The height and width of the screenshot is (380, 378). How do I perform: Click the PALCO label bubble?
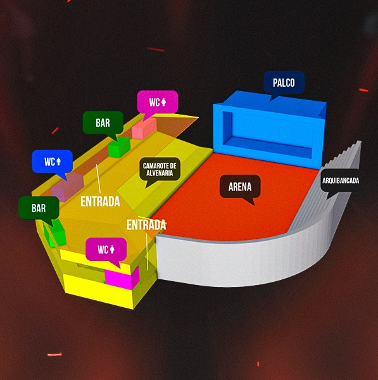(x=284, y=83)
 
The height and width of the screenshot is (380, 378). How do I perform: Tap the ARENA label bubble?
(x=240, y=187)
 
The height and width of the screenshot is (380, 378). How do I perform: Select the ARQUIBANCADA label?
(x=341, y=180)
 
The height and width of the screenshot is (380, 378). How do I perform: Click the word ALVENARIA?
(x=160, y=173)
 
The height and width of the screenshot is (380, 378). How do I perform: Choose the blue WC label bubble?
(x=53, y=161)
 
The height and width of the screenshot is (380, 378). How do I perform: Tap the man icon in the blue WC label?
(x=59, y=161)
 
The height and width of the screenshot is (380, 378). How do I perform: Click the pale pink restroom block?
(x=144, y=128)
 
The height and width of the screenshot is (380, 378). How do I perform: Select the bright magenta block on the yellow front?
(x=122, y=278)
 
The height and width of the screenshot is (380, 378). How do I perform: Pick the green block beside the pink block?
(x=119, y=148)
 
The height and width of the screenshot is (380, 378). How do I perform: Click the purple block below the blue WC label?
(x=68, y=187)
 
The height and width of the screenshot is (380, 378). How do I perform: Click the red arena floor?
(x=232, y=199)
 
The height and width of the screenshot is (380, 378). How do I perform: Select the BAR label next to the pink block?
(x=103, y=123)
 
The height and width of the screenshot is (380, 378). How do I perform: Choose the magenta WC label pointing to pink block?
(x=158, y=102)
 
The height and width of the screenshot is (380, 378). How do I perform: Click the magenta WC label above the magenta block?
(x=106, y=250)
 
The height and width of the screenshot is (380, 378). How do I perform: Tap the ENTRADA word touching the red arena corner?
(x=146, y=225)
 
